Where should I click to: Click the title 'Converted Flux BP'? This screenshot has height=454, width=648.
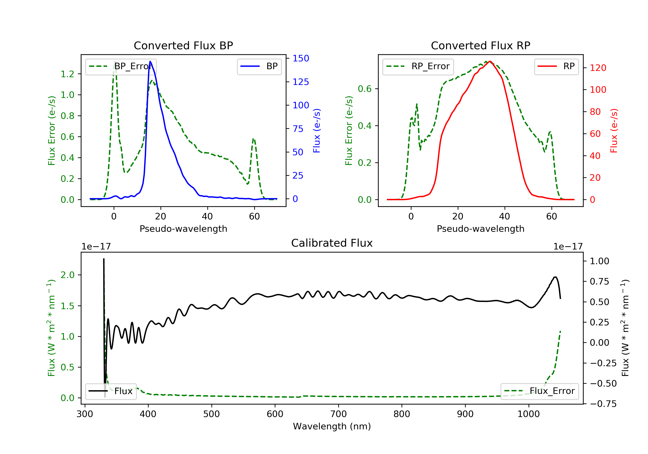(183, 45)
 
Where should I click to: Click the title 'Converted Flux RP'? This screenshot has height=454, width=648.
(480, 45)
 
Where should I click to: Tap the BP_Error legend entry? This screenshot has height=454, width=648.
(121, 66)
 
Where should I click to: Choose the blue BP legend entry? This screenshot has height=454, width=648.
(259, 66)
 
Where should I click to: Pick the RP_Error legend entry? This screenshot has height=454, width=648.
(418, 66)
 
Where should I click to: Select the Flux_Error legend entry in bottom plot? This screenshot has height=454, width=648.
(539, 391)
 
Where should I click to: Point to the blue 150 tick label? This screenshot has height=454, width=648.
(301, 59)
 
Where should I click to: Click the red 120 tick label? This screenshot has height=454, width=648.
(598, 68)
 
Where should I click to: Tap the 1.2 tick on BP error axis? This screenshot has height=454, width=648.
(67, 74)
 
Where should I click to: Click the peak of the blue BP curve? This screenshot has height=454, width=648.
(150, 61)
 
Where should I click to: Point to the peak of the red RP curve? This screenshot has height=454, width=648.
(490, 61)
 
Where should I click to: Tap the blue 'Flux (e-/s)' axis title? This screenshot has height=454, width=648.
(317, 131)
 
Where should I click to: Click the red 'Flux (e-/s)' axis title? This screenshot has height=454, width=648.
(614, 131)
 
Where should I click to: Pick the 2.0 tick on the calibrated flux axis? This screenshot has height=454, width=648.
(67, 275)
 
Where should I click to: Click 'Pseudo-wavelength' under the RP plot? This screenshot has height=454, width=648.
(480, 229)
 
